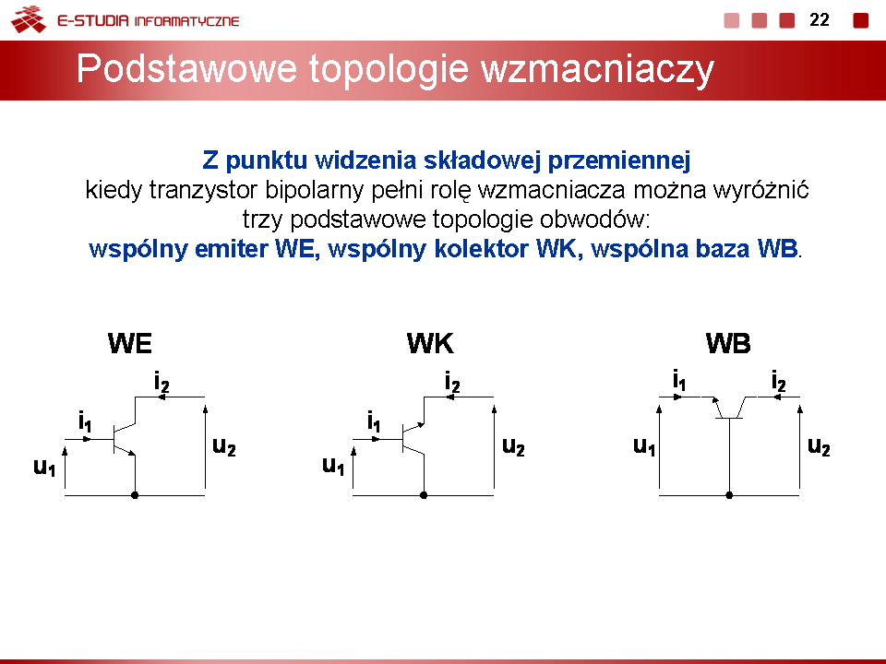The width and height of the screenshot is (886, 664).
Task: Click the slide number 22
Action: [820, 20]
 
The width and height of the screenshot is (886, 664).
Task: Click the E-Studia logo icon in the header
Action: [29, 19]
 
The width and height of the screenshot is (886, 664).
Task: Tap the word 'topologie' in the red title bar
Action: [389, 70]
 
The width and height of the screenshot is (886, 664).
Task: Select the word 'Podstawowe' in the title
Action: [186, 68]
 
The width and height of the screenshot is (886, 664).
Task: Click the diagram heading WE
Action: [130, 343]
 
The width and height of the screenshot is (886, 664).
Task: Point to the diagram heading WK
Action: [430, 343]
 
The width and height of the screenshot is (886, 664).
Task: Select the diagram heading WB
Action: [728, 343]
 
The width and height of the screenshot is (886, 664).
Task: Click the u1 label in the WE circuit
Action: [44, 468]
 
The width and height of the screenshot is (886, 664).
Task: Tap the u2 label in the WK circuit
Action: [514, 446]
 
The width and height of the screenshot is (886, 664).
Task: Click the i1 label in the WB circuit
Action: [679, 380]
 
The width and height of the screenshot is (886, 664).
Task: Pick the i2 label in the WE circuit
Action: [162, 382]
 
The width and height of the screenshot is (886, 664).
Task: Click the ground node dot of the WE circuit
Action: [135, 495]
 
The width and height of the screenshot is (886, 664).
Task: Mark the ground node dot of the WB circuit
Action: [729, 495]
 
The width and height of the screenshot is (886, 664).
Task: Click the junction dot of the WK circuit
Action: [424, 495]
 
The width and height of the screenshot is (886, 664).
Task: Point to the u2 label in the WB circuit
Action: [819, 446]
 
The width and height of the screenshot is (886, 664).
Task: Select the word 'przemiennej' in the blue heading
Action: [619, 160]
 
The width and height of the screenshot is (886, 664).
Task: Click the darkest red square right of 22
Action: [860, 20]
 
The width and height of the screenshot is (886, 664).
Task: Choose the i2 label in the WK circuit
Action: [452, 382]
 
